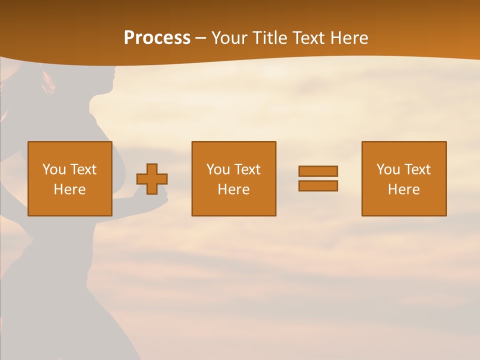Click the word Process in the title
[157, 38]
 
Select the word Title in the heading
[270, 38]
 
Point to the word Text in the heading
[311, 38]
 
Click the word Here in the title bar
[350, 38]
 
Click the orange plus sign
[152, 179]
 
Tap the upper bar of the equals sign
[318, 171]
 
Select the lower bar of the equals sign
[318, 186]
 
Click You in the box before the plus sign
[54, 169]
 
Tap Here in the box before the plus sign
[69, 189]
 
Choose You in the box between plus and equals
[218, 169]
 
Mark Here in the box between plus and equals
[233, 189]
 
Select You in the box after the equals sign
[388, 169]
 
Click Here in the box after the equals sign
[403, 189]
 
